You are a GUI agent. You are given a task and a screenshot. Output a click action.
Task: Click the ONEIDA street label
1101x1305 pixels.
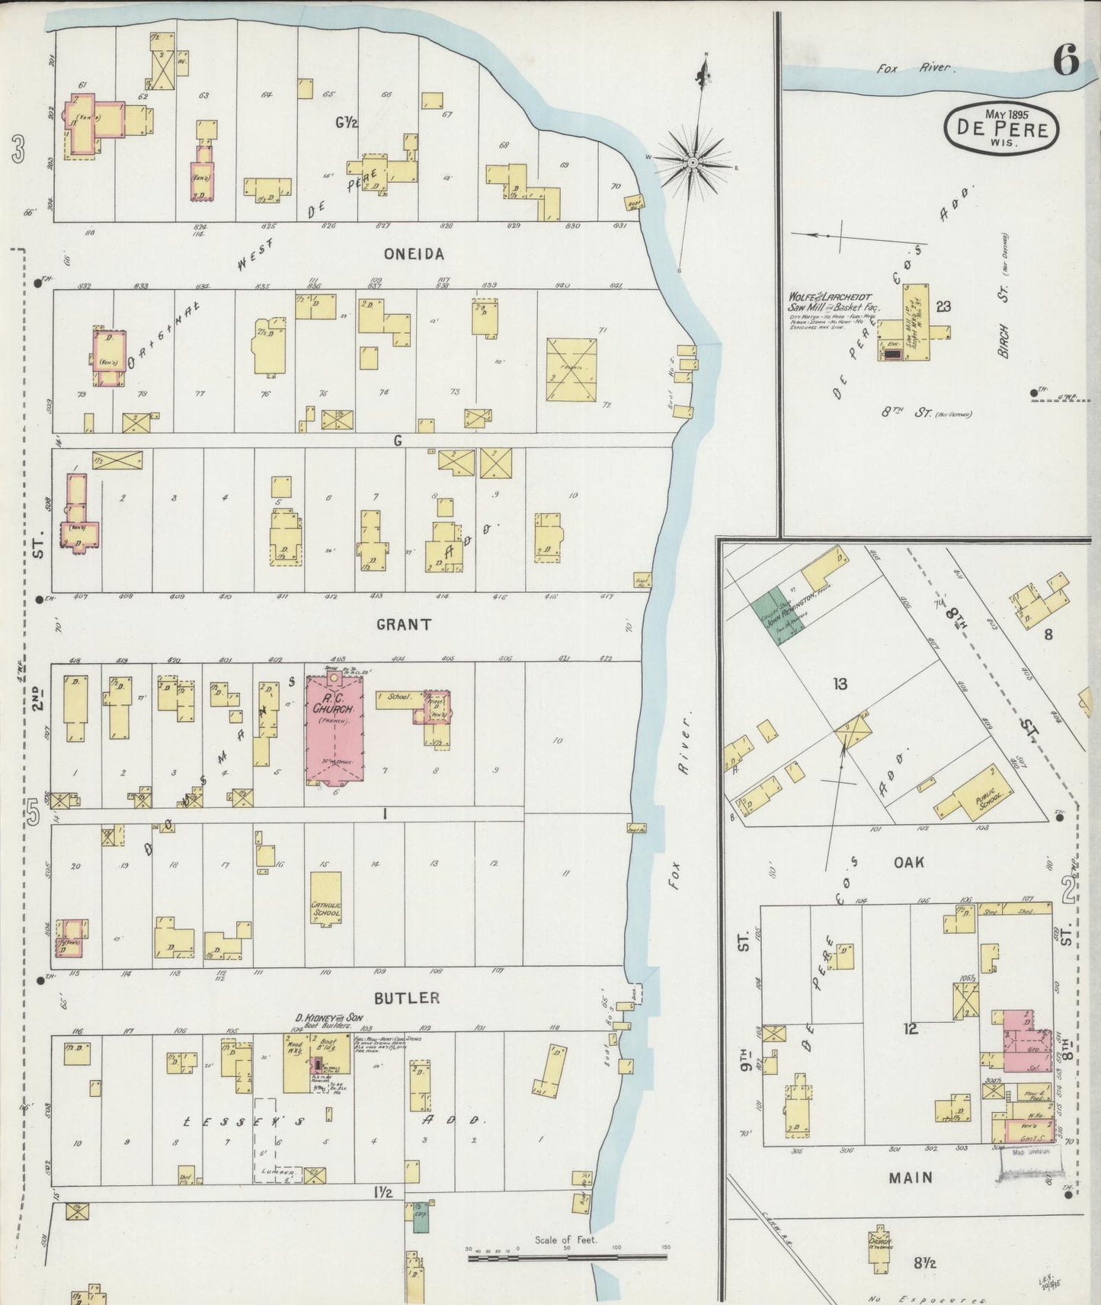coord(414,255)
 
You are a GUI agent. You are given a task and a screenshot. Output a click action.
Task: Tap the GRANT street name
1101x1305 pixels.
coord(404,624)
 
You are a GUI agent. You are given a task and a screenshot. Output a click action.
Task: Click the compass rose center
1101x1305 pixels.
coord(693,163)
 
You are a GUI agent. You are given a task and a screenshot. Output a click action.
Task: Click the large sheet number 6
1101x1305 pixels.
coord(1065,62)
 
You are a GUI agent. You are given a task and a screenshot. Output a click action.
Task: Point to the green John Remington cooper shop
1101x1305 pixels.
coord(773,616)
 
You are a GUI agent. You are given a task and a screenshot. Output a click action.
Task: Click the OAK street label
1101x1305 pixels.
coord(909,862)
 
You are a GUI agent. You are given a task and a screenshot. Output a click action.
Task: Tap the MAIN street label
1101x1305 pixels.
coord(911,1178)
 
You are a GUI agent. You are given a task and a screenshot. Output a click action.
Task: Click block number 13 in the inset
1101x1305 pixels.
coord(840,685)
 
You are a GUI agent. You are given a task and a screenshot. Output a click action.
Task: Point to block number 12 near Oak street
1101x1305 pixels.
coord(910,1029)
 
